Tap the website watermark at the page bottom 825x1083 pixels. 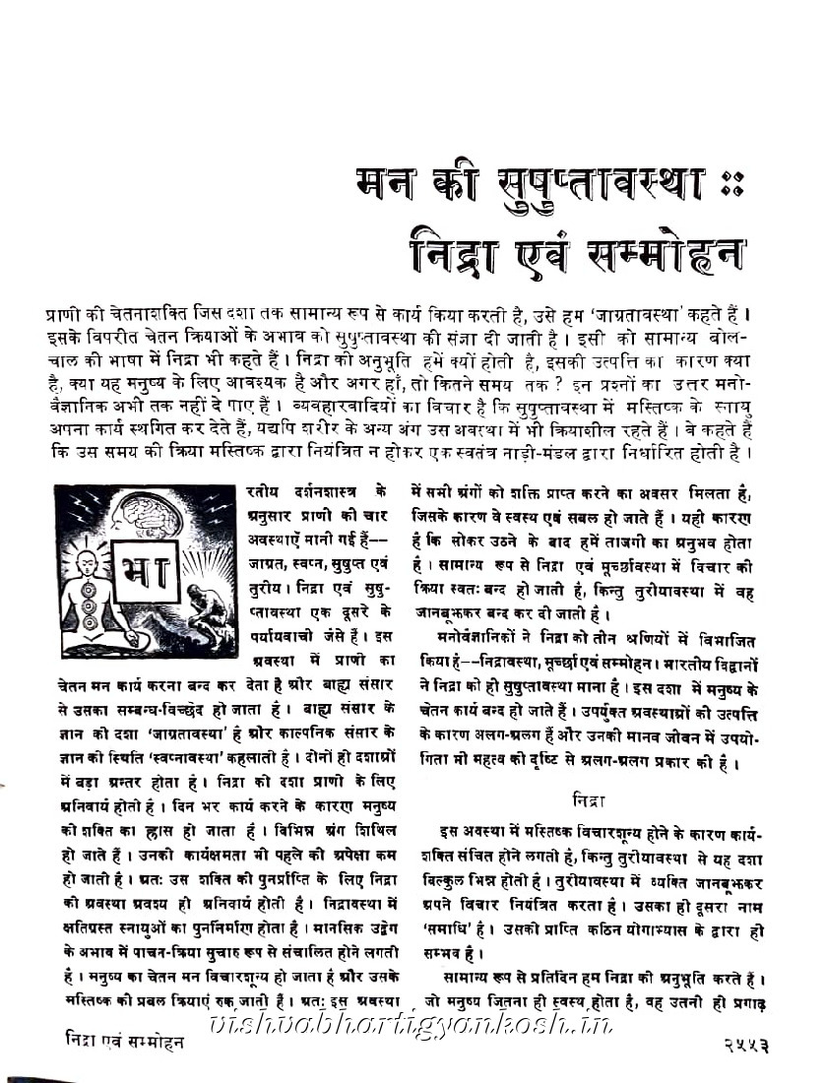pos(413,1024)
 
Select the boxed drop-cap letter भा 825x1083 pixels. pos(144,571)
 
